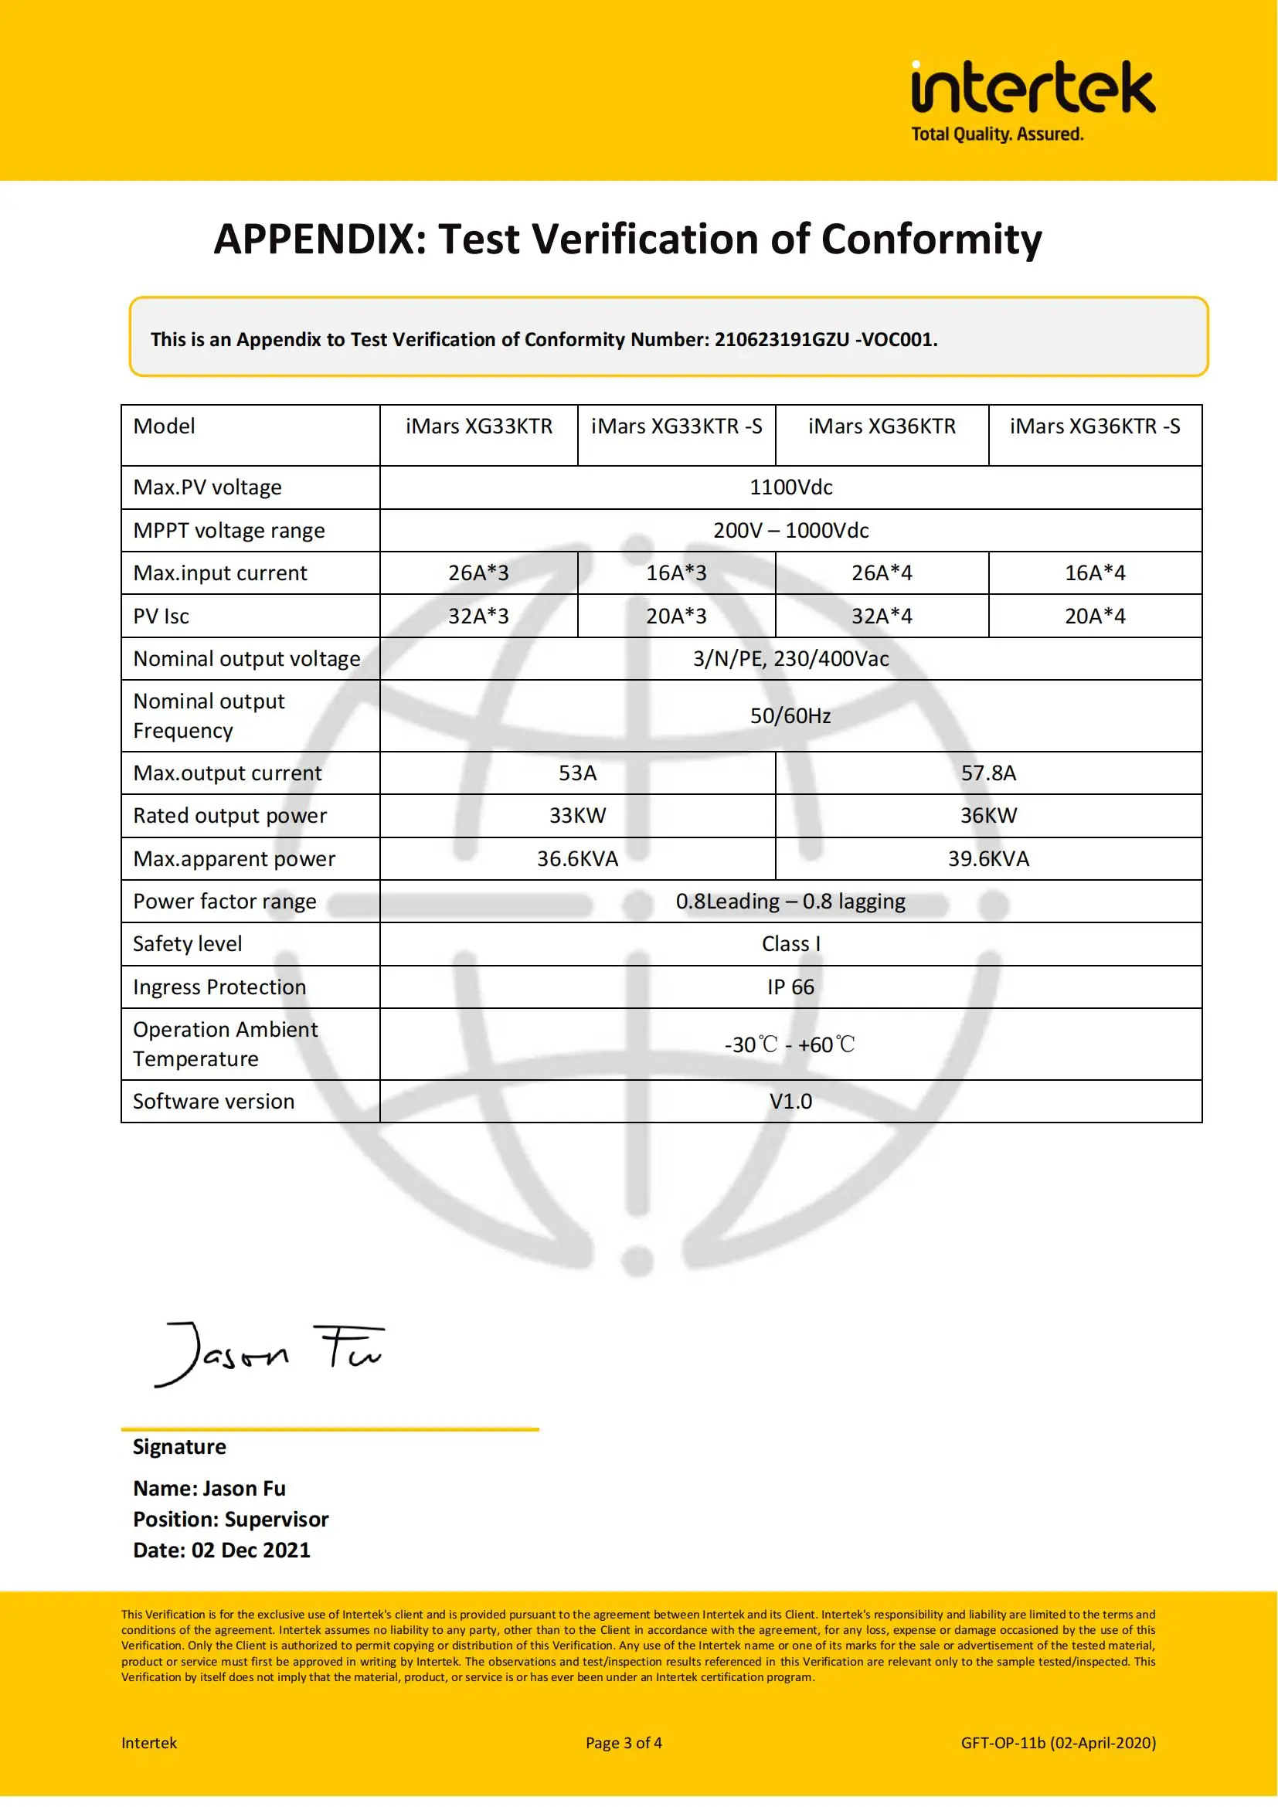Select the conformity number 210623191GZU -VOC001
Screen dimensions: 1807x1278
tap(825, 339)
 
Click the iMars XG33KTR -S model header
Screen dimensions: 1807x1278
tap(676, 426)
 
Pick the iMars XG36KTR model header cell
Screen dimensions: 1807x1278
tap(882, 426)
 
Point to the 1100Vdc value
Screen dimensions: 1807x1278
tap(790, 487)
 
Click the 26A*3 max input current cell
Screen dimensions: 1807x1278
tap(478, 573)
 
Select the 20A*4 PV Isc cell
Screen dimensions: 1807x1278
tap(1095, 616)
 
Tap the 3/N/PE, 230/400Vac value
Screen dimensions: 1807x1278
tap(790, 659)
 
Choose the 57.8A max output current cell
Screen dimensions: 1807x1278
tap(988, 773)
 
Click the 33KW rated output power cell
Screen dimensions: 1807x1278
tap(578, 815)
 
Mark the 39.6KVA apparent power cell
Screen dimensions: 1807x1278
tap(988, 858)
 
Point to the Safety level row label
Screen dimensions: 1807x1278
tap(187, 943)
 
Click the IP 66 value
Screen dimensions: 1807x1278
tap(790, 987)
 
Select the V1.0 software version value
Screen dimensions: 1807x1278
tap(790, 1101)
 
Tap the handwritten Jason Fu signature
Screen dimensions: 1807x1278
tap(267, 1354)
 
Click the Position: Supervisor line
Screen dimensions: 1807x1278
tap(230, 1519)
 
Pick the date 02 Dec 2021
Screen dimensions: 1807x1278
tap(251, 1550)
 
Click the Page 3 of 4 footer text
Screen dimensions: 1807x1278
tap(624, 1742)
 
